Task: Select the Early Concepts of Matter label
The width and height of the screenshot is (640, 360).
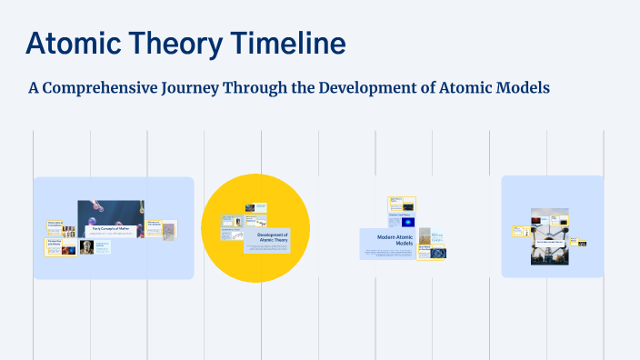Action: (117, 229)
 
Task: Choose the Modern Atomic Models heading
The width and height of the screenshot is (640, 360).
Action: (388, 242)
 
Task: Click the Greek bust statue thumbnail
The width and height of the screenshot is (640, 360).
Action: (86, 246)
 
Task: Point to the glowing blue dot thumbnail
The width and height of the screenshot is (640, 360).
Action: (406, 221)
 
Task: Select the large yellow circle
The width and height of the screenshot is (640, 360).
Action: (255, 227)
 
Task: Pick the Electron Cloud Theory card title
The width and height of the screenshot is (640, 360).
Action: (401, 214)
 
